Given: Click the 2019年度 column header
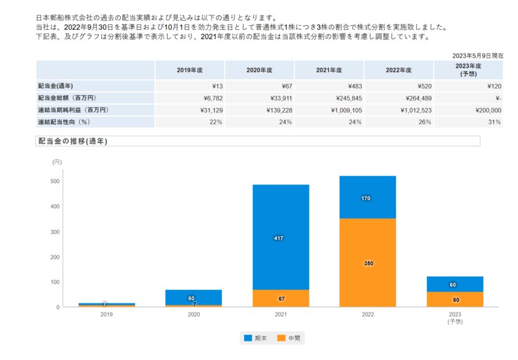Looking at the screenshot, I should pos(190,70).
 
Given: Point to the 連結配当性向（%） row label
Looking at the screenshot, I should pos(64,122).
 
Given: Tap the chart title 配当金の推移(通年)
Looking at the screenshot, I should pos(73,141).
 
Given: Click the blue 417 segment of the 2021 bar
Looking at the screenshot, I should pos(280,237).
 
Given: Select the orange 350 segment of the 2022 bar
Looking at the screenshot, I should pos(367,262).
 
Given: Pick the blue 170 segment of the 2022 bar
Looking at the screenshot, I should pos(367,198).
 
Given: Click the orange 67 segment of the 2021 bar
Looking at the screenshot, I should pos(280,298).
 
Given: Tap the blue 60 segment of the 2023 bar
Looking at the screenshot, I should pos(455,284).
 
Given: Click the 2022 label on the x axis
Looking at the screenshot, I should pos(367,314).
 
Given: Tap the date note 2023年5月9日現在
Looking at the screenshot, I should pos(478,55).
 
